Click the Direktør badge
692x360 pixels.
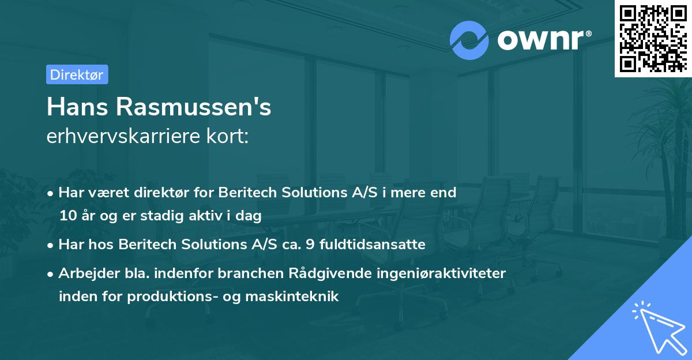77,74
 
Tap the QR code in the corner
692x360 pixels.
652,38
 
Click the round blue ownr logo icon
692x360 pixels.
469,40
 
